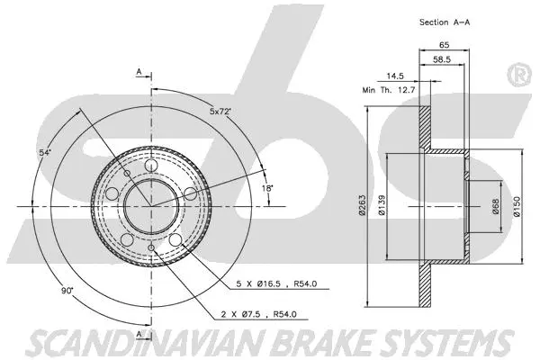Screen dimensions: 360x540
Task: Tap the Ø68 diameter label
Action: coord(494,207)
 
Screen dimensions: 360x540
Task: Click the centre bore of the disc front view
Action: coord(150,206)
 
